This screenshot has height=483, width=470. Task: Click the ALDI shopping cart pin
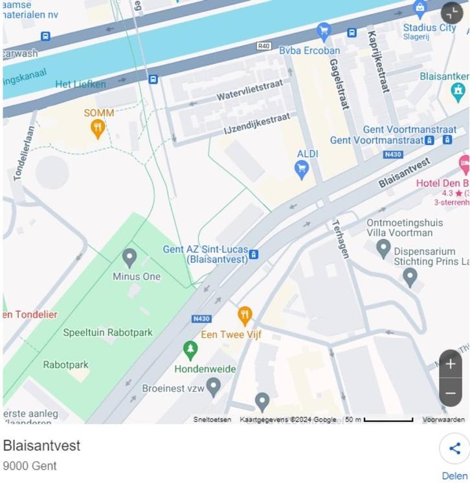click(301, 170)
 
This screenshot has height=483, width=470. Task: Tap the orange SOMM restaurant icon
click(98, 128)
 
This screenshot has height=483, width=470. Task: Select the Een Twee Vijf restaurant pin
click(245, 316)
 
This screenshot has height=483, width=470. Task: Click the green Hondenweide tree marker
click(190, 350)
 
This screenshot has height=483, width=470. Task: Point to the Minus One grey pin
click(129, 258)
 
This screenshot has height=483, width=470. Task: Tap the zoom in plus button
click(451, 364)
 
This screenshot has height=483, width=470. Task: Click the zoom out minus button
click(451, 392)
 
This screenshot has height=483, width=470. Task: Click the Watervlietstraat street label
click(249, 90)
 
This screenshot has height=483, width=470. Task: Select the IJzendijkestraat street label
click(256, 122)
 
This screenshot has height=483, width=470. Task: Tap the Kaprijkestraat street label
click(378, 62)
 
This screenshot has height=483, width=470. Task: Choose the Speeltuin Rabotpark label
click(107, 333)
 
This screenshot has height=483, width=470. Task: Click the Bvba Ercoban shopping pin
click(324, 30)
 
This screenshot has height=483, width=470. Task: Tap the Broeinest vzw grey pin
click(214, 387)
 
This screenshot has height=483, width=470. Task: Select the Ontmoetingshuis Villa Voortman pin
click(383, 247)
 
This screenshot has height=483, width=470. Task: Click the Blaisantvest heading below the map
click(41, 445)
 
